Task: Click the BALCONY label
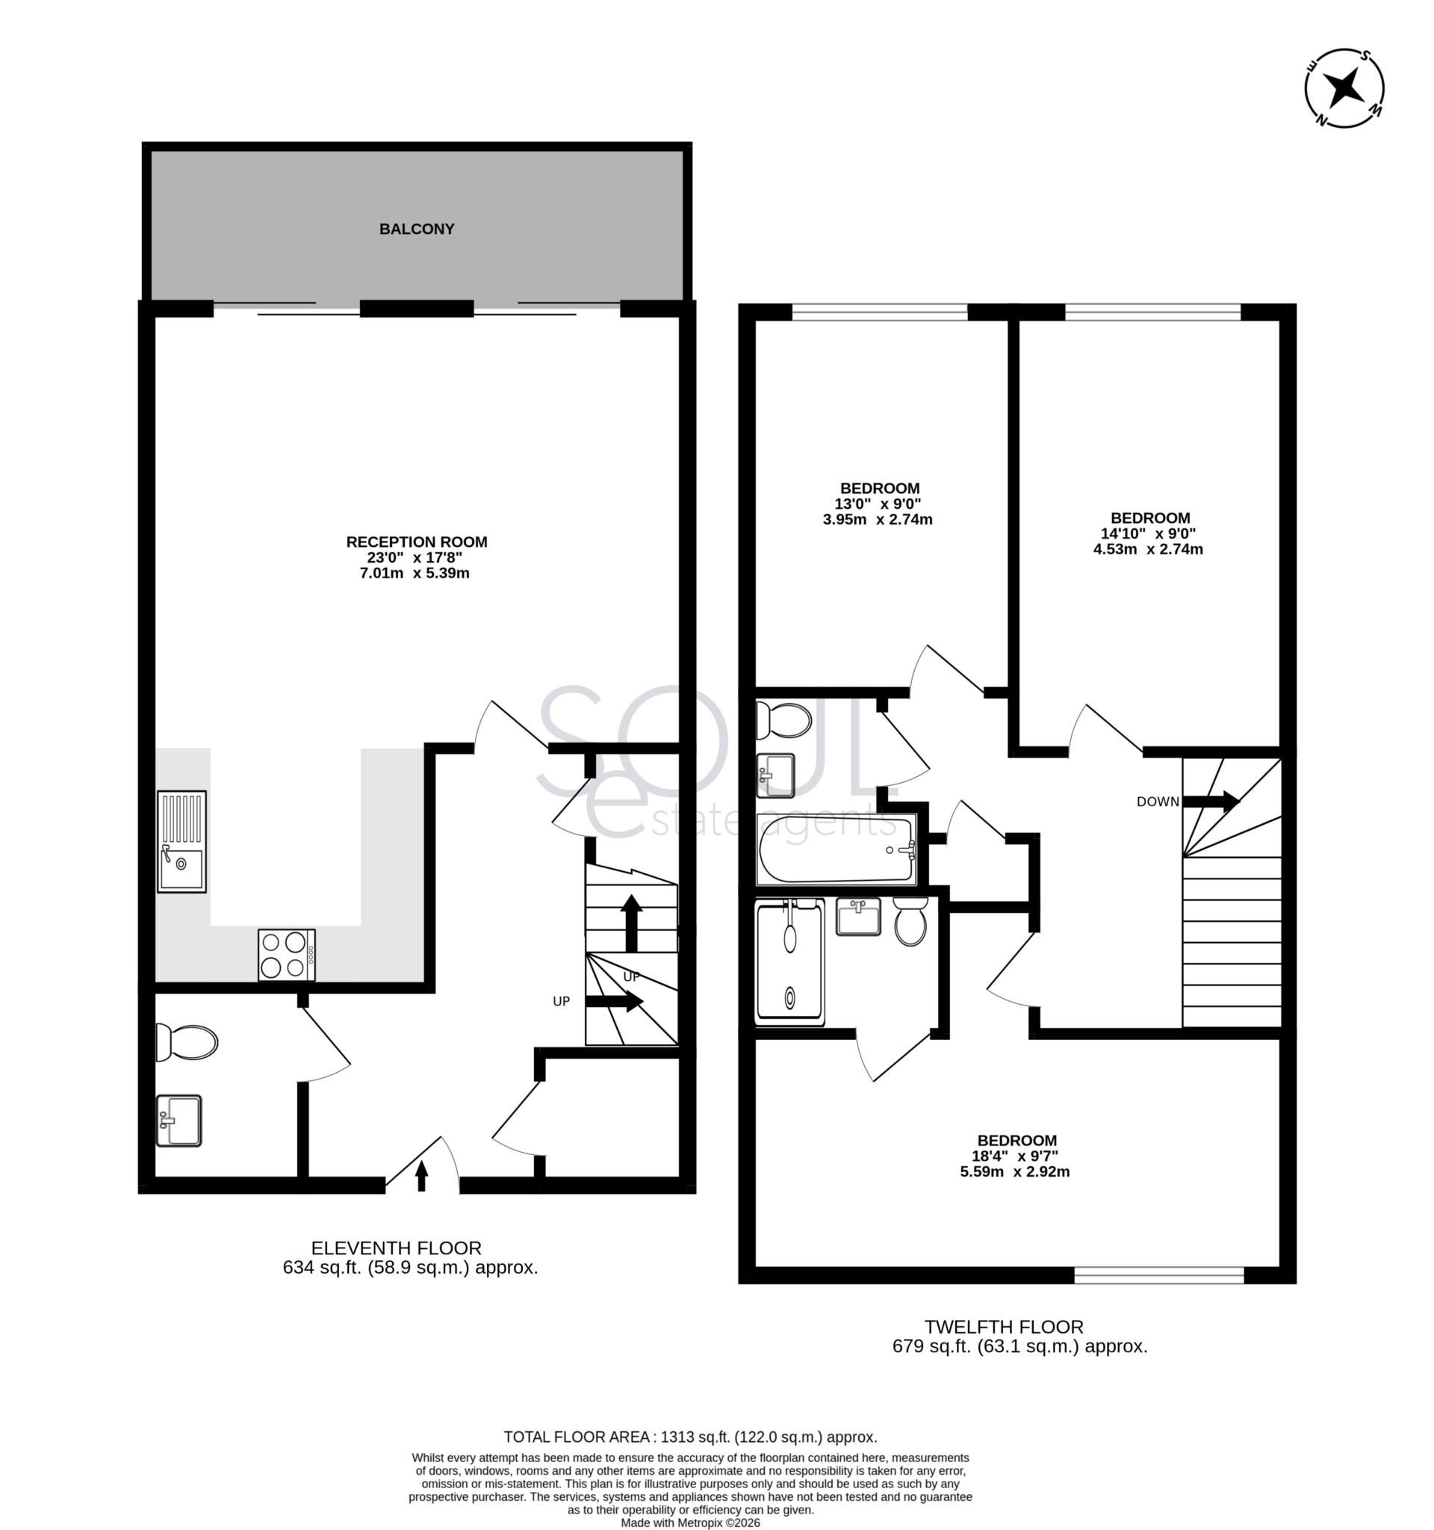coord(416,229)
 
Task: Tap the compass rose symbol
coord(1344,87)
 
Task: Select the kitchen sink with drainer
coord(181,841)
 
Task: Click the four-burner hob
coord(286,955)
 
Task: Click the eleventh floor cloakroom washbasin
coord(179,1121)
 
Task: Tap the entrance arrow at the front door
coord(420,1175)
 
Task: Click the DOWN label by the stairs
coord(1157,802)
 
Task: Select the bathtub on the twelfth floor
coord(836,849)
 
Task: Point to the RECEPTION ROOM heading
coord(416,542)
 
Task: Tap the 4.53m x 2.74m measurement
coord(1148,549)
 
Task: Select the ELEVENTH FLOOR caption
coord(395,1248)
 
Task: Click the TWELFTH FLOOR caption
coord(1003,1327)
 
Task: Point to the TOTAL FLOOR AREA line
coord(690,1437)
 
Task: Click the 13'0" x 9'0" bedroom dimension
coord(878,504)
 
